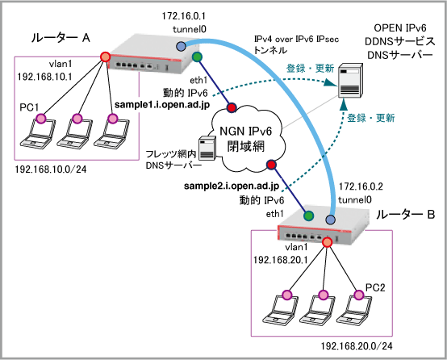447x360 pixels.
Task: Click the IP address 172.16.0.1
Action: [x=184, y=16]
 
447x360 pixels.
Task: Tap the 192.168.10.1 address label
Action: [x=44, y=77]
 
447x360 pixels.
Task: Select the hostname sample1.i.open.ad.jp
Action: [x=162, y=105]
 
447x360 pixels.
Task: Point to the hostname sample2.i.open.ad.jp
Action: [x=232, y=186]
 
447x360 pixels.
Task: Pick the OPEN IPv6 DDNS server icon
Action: [x=350, y=81]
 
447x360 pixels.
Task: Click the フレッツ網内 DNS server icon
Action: [x=207, y=148]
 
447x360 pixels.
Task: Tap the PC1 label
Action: [x=29, y=107]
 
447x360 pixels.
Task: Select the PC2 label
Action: [x=375, y=287]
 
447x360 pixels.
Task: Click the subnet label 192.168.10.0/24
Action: [x=51, y=170]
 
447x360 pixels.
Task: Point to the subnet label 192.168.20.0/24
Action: [x=357, y=346]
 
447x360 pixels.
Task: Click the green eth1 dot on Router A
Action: [x=197, y=57]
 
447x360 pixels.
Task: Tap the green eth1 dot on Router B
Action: [x=308, y=216]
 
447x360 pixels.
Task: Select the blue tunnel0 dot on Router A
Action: [x=181, y=46]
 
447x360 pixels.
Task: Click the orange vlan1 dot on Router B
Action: [x=328, y=242]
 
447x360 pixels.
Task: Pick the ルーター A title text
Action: [x=61, y=38]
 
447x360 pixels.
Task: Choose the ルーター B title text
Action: [x=405, y=215]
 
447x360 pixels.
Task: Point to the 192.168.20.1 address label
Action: [x=281, y=260]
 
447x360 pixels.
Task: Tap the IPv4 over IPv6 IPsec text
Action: [x=296, y=39]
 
